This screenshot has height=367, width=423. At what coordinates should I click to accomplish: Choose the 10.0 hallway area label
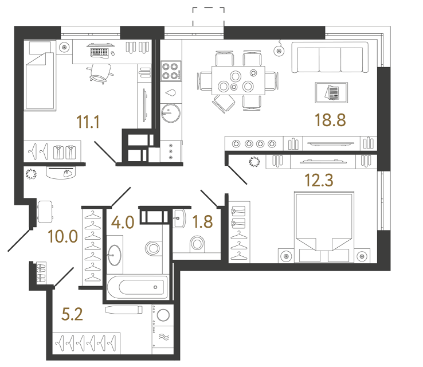63,236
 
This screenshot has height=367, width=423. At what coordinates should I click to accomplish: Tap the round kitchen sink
169,111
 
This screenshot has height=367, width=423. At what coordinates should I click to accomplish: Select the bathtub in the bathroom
137,286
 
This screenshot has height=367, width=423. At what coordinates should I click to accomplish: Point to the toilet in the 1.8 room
197,245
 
